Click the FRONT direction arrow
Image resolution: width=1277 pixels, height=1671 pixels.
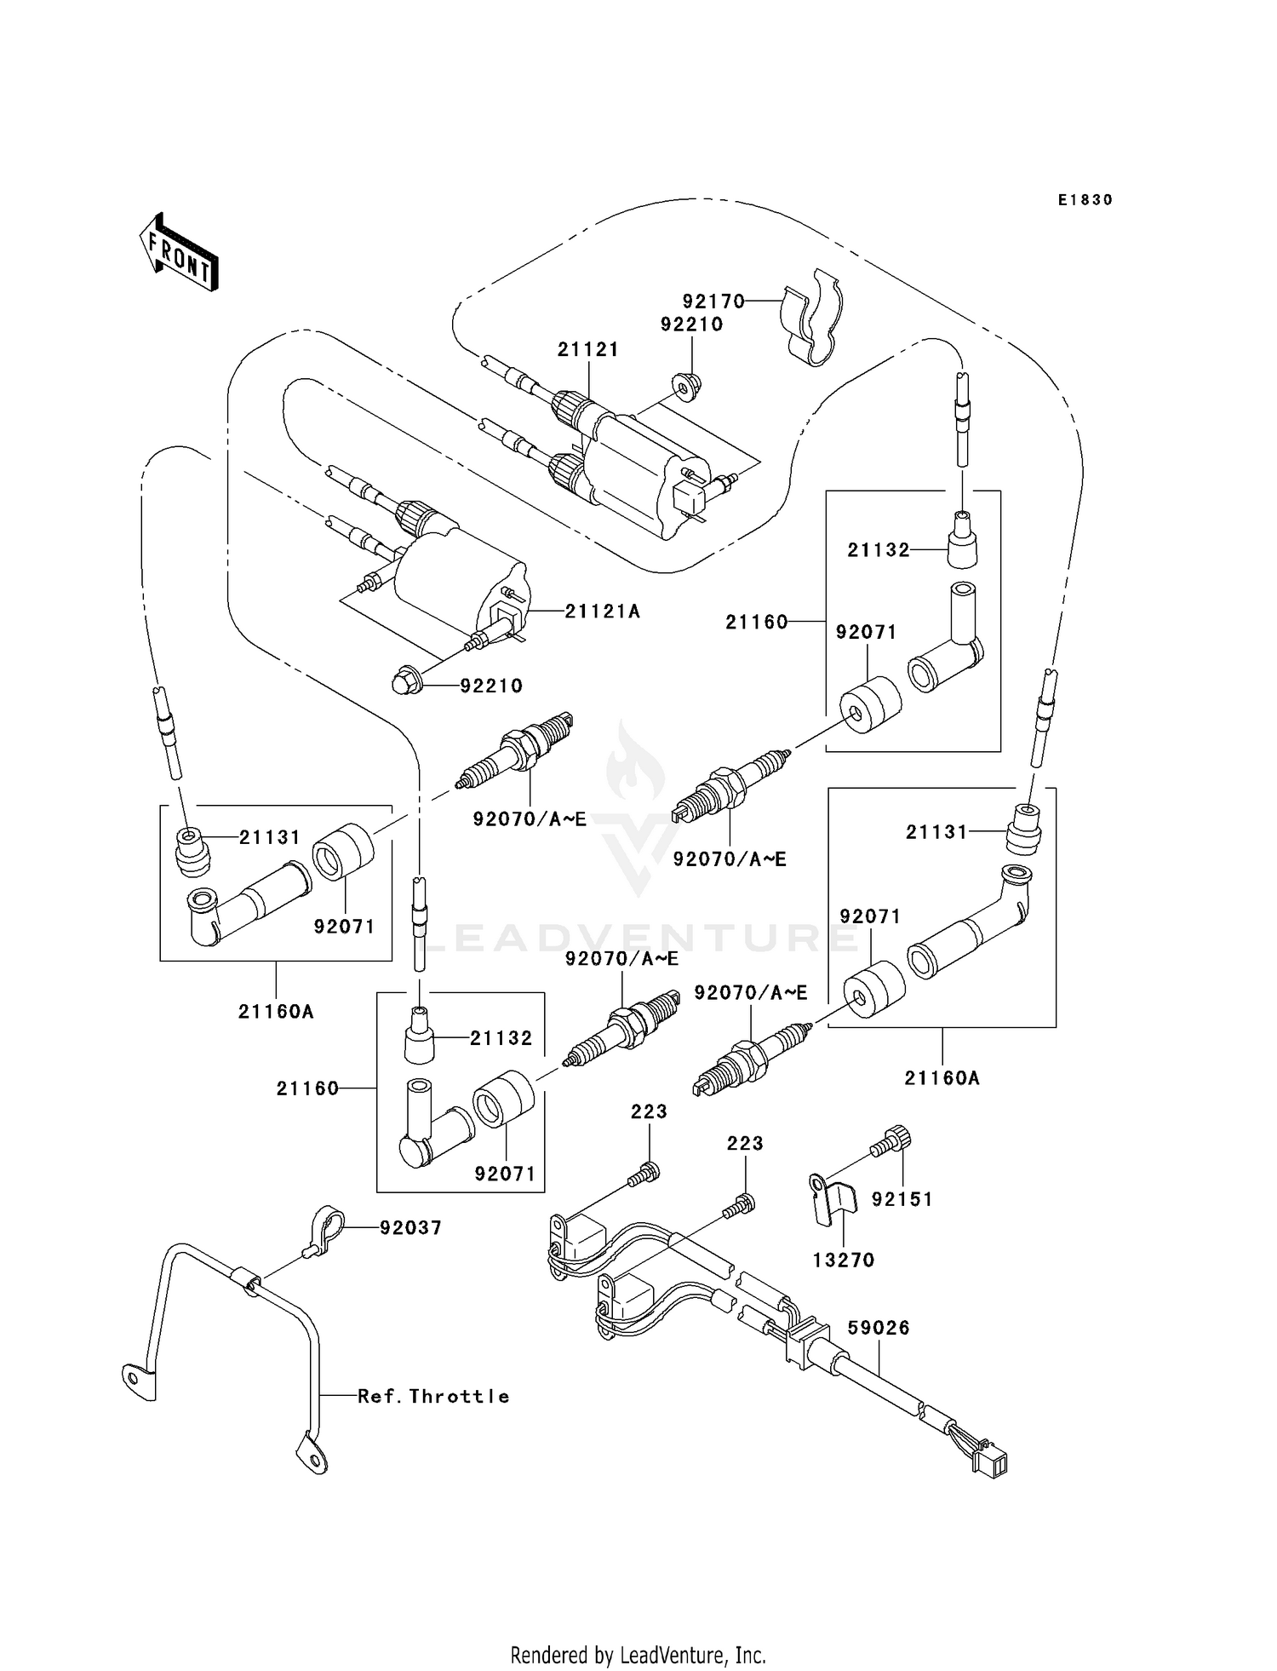click(x=179, y=253)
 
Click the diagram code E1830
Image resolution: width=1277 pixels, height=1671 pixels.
click(x=1085, y=200)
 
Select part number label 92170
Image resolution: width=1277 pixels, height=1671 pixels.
click(x=713, y=301)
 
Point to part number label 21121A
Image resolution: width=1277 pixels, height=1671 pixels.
click(x=602, y=611)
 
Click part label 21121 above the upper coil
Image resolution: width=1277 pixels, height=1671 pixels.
click(x=588, y=349)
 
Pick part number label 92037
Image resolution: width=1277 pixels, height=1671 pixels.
click(x=410, y=1227)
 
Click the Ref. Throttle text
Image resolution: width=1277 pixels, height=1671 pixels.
click(x=432, y=1396)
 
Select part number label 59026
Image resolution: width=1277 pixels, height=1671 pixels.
click(x=879, y=1328)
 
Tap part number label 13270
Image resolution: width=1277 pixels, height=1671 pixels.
click(x=843, y=1260)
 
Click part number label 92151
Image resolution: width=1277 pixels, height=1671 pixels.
click(x=902, y=1198)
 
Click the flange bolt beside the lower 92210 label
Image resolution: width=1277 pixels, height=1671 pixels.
click(x=404, y=682)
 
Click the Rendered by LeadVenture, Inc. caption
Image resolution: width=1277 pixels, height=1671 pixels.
click(x=638, y=1655)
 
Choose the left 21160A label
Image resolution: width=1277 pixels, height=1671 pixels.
click(x=276, y=1011)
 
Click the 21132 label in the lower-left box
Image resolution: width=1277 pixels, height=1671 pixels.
click(x=501, y=1037)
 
